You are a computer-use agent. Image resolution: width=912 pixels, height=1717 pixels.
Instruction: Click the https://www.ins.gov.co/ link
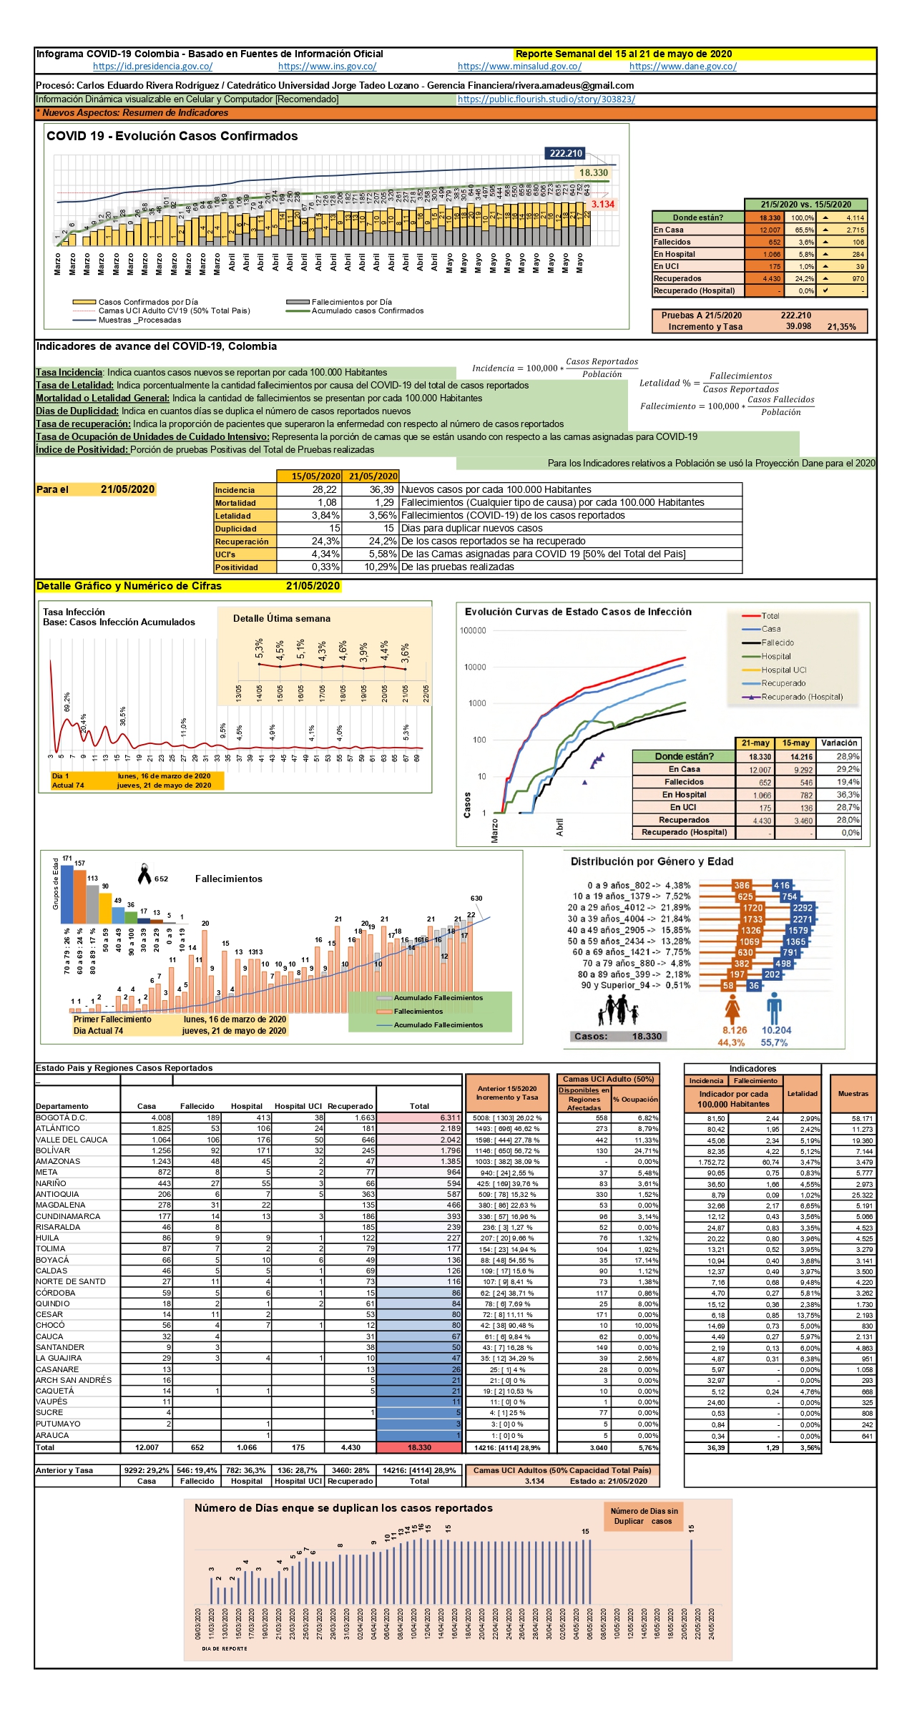(327, 67)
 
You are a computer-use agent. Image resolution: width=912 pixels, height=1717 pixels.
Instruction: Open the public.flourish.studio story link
(546, 99)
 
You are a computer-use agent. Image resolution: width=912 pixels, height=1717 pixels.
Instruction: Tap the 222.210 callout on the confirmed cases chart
(566, 153)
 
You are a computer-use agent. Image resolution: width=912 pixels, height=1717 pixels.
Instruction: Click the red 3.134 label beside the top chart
(602, 205)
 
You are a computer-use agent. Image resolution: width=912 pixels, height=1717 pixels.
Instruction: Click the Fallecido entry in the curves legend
(777, 642)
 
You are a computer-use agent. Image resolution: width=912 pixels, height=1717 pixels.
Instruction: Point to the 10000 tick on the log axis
(475, 667)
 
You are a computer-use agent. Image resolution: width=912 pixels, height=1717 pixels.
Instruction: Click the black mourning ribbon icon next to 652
(144, 874)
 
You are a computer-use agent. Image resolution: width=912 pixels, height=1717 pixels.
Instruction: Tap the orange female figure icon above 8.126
(732, 1009)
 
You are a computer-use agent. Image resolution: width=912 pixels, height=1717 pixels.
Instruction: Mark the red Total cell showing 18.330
(419, 1447)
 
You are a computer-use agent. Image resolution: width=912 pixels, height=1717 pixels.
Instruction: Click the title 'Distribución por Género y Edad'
(652, 862)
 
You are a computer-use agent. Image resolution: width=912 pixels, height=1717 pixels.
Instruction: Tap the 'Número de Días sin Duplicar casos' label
(643, 1516)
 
